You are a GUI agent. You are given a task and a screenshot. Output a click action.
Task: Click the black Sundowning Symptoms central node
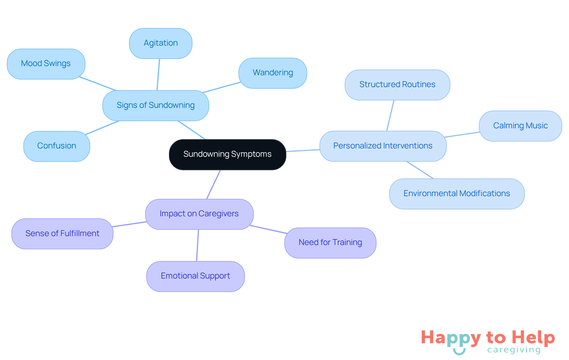(227, 154)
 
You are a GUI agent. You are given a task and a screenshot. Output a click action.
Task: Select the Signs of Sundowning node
(156, 105)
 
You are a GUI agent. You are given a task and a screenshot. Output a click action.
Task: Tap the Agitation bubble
(161, 43)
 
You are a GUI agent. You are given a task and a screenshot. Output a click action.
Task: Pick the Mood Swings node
(46, 64)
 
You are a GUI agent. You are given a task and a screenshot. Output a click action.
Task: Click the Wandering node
(273, 73)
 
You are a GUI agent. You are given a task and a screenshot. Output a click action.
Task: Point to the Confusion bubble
(57, 146)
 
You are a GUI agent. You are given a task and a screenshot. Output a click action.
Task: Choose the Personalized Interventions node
(383, 146)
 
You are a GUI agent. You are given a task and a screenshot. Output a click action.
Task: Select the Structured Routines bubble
(397, 85)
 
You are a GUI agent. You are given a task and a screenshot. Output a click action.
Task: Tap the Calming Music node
(520, 126)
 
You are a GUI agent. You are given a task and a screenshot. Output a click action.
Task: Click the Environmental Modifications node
(456, 194)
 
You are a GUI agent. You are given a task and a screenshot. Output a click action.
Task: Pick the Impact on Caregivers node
(199, 214)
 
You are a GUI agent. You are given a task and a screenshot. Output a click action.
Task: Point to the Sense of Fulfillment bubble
(62, 234)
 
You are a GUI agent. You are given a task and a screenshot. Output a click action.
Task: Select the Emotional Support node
(195, 276)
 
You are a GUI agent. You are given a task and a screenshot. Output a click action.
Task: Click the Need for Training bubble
(330, 243)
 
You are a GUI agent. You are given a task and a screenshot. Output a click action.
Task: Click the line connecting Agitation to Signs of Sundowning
(158, 74)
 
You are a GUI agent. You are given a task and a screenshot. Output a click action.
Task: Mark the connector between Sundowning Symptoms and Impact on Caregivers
(214, 184)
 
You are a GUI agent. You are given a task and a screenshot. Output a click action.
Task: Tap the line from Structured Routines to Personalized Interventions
(390, 116)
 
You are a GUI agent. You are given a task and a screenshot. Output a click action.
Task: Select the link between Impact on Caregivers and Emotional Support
(198, 245)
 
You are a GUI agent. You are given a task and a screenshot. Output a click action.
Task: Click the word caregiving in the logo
(514, 350)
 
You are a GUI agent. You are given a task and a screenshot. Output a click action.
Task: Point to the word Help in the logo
(533, 338)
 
